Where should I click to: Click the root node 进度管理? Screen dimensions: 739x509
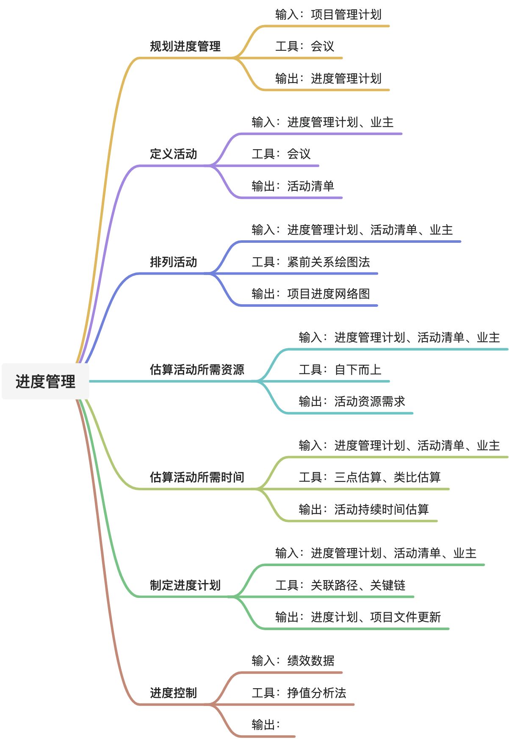[x=45, y=381]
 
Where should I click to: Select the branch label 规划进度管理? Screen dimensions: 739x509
[x=185, y=46]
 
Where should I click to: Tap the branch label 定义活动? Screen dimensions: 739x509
[x=173, y=154]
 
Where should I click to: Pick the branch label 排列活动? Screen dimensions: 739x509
[x=173, y=262]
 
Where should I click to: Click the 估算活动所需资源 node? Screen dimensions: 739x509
[x=197, y=369]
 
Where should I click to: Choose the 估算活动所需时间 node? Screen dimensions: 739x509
[x=197, y=477]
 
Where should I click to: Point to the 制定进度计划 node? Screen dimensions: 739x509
[x=185, y=585]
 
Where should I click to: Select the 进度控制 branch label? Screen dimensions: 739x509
[x=173, y=693]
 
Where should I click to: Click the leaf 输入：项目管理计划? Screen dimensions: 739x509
[x=328, y=15]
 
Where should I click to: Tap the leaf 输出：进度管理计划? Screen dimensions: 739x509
[x=328, y=79]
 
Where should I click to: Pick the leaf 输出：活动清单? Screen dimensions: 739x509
[x=293, y=186]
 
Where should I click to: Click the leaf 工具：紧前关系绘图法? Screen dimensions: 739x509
[x=310, y=262]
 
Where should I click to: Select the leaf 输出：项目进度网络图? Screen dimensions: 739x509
[x=310, y=294]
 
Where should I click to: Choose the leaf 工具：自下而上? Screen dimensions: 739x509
[x=340, y=370]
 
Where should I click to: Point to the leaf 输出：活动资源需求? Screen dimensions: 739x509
[x=352, y=402]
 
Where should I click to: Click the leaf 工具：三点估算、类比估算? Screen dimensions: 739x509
[x=370, y=478]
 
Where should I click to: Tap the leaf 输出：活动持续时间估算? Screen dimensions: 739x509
[x=364, y=509]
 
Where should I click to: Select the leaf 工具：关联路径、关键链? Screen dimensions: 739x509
[x=340, y=585]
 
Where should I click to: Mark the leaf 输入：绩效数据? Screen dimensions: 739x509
[x=293, y=661]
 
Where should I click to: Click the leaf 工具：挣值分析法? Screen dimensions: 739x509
[x=299, y=693]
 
